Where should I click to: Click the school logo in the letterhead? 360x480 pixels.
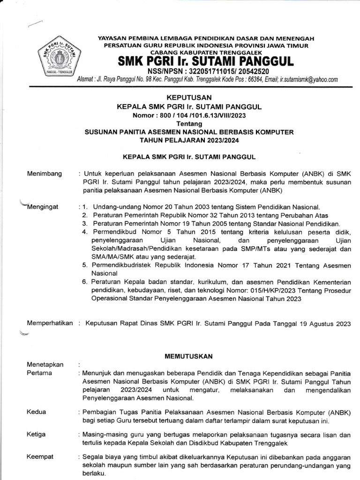(58, 59)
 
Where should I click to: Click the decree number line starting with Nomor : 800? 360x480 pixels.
(189, 115)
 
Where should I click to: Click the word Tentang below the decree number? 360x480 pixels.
(189, 124)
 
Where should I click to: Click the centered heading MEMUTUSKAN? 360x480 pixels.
(189, 356)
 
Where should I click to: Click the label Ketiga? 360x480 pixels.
(37, 435)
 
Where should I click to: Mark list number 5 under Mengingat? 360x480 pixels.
(84, 265)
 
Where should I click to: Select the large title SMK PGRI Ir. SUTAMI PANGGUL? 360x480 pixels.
(205, 61)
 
